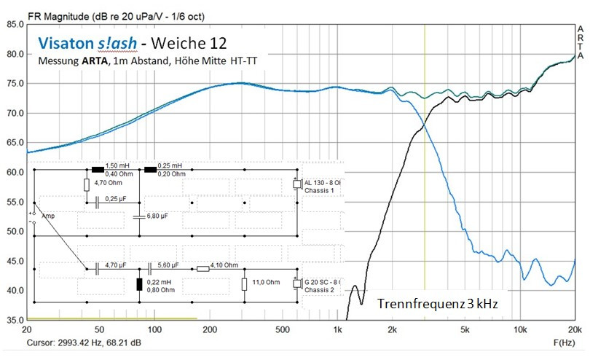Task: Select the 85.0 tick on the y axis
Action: coord(12,24)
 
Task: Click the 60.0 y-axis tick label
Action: coord(12,172)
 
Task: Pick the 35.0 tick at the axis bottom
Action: coord(12,320)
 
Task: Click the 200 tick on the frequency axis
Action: coord(211,329)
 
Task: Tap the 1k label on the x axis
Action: coord(337,329)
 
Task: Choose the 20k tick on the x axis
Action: coord(575,329)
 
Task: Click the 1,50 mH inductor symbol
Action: coord(97,169)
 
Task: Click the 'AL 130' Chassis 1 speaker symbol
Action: coord(296,184)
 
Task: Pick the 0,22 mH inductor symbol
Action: coord(140,285)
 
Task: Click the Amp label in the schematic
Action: coord(48,216)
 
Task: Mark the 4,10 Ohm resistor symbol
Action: coord(203,269)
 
